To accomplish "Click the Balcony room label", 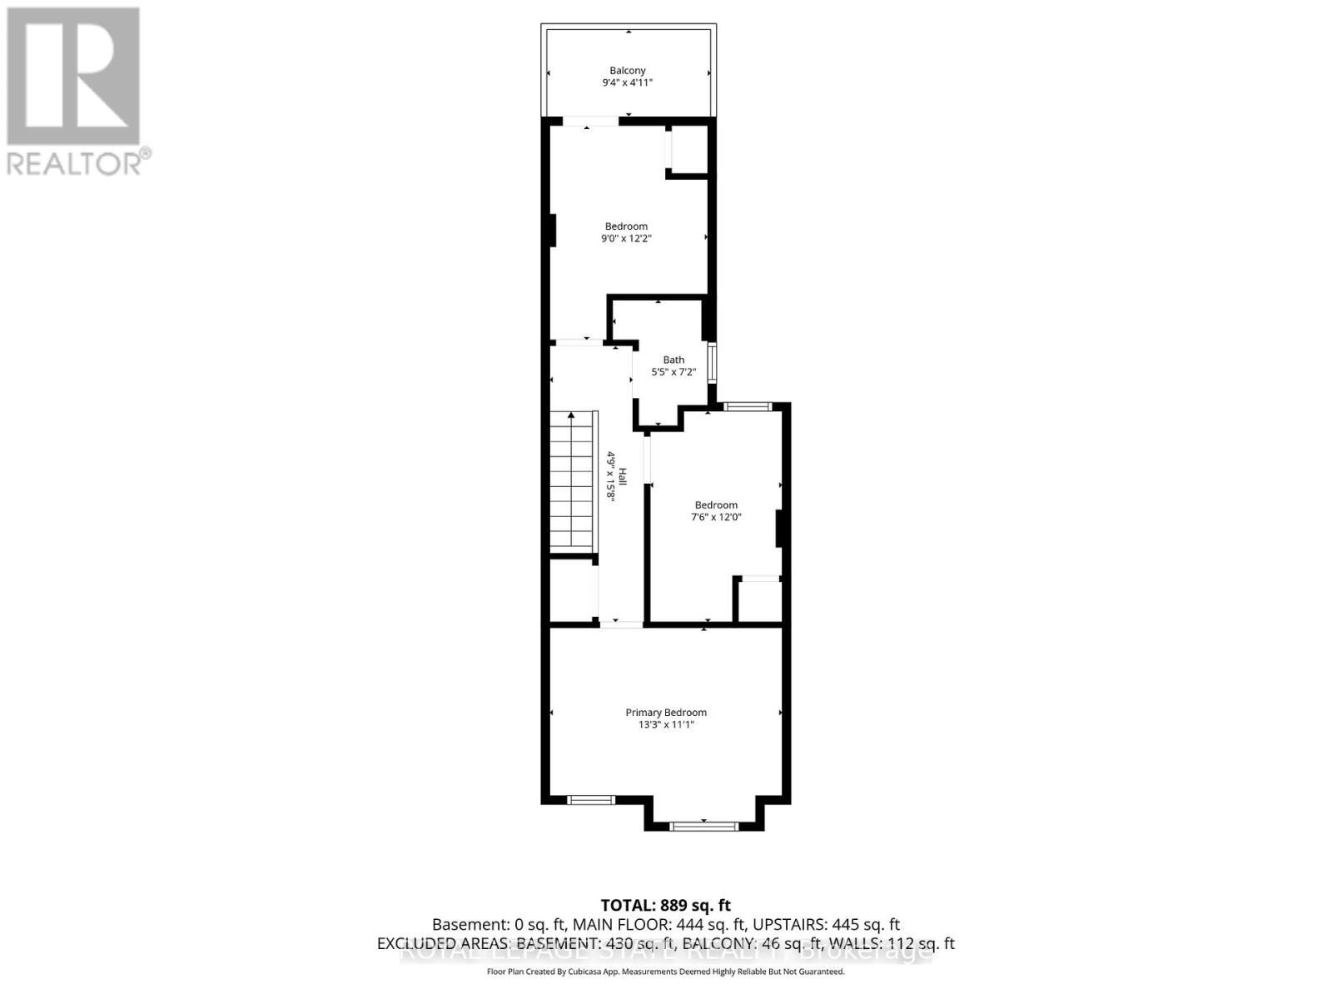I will coord(627,71).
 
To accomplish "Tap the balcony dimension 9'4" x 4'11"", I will coord(627,83).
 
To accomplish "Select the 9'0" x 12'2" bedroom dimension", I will coord(626,239).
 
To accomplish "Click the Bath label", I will coord(673,360).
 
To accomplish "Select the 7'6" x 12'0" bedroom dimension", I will coord(716,517).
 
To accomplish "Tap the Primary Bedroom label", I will coord(666,712).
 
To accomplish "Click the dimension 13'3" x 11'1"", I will coord(666,725).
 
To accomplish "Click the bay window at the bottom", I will coord(704,826).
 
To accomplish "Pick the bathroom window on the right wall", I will coord(712,361).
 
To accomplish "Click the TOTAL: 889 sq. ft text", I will coord(666,905).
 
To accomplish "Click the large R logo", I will coord(73,77).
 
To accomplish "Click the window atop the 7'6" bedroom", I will coord(747,406).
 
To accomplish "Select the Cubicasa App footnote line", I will coord(666,972).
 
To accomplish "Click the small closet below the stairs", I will coord(571,589).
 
